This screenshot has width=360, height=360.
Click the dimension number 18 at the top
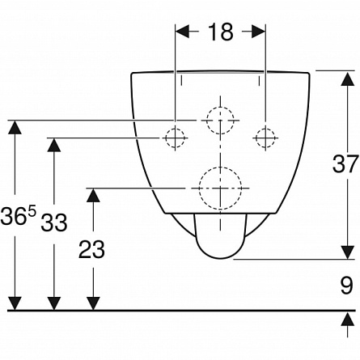click(220, 32)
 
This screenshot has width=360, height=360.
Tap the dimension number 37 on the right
click(345, 163)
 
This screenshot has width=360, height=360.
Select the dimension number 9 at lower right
click(346, 286)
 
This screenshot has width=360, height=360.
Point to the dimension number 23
click(91, 249)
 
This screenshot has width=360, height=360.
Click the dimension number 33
click(54, 222)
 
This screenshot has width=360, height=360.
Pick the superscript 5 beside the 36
click(32, 211)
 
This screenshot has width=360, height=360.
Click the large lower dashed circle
click(220, 167)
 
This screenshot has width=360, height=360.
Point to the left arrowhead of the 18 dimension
click(183, 32)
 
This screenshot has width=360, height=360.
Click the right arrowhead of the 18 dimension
click(258, 32)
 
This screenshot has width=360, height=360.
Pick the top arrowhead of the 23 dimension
click(93, 195)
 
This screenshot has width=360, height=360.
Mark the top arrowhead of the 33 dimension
click(54, 145)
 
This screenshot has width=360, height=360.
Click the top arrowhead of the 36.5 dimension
click(15, 127)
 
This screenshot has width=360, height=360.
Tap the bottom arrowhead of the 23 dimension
click(93, 303)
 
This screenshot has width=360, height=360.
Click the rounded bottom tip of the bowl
click(220, 258)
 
